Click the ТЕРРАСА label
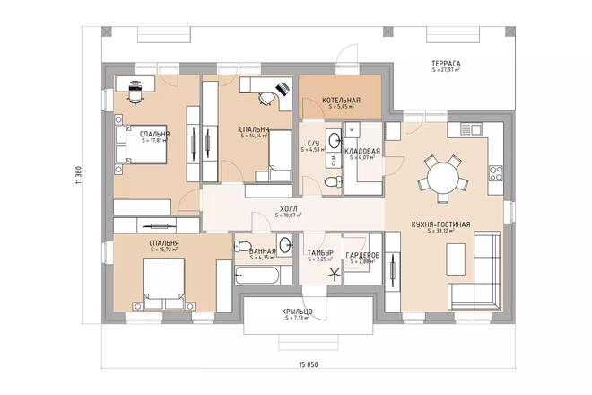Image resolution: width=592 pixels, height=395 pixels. (445, 65)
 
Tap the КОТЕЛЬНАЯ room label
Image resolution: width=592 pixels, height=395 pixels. (341, 101)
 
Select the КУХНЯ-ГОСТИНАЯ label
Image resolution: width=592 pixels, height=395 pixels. (440, 224)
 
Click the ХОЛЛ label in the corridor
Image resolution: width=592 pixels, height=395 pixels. (288, 209)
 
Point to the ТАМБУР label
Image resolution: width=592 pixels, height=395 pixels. (320, 253)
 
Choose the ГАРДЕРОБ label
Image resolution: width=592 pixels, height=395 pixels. (363, 254)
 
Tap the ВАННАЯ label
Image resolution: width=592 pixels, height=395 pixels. (263, 251)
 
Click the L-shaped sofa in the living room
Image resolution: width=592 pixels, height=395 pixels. (476, 269)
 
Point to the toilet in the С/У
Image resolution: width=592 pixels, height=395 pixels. (333, 182)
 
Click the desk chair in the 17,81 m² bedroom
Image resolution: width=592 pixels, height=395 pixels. (135, 88)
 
